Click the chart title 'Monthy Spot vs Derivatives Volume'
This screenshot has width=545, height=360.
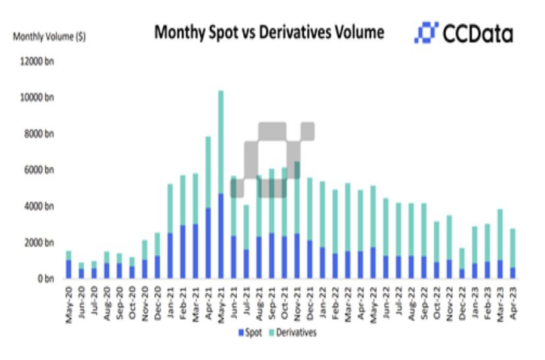pyautogui.click(x=268, y=32)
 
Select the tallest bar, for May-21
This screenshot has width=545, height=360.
pyautogui.click(x=221, y=185)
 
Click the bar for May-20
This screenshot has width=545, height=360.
pyautogui.click(x=68, y=265)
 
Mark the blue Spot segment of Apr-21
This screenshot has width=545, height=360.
pyautogui.click(x=208, y=243)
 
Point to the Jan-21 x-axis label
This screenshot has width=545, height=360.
pyautogui.click(x=170, y=303)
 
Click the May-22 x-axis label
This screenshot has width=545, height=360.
pyautogui.click(x=374, y=303)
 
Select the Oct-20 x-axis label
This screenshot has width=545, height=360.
pyautogui.click(x=132, y=303)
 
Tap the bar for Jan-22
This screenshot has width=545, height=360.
pyautogui.click(x=323, y=230)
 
